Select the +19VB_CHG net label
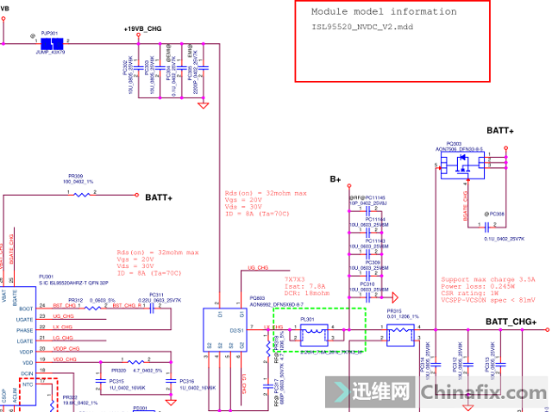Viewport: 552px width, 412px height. [142, 28]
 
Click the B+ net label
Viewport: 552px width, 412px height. [336, 179]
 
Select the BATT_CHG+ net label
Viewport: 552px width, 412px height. [511, 322]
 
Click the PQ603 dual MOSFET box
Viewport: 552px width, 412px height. [227, 328]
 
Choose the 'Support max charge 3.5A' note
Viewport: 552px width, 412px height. [487, 279]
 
